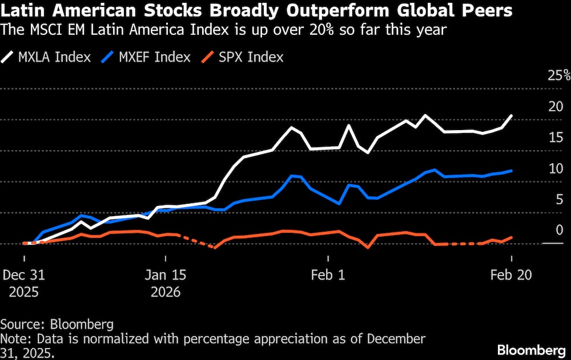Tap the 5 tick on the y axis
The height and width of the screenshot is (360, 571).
[559, 199]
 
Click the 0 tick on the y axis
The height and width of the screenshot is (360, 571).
[559, 230]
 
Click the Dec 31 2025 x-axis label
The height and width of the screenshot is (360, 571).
[23, 283]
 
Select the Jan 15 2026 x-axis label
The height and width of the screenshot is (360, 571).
[165, 283]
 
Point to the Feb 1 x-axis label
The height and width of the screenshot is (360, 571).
[328, 274]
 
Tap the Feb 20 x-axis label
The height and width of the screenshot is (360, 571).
[511, 274]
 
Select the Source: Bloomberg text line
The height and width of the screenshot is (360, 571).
[57, 324]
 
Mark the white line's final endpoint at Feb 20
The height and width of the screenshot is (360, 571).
[511, 115]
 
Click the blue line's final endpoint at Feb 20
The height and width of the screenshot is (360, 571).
[511, 171]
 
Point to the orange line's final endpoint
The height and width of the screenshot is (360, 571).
[511, 237]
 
